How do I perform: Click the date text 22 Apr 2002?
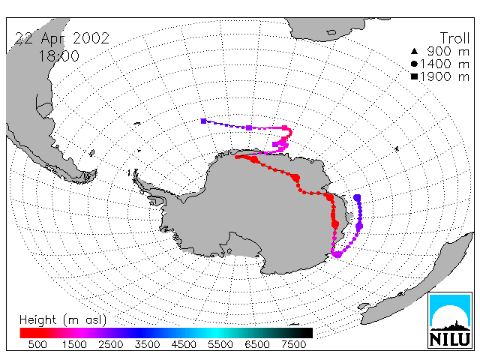tap(62, 39)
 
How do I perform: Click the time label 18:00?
tap(58, 56)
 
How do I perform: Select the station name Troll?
tap(455, 38)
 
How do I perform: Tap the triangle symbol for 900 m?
tap(414, 51)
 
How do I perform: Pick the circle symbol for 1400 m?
tap(414, 64)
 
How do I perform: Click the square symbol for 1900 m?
tap(414, 76)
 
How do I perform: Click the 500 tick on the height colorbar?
tap(37, 345)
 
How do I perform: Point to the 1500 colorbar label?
tap(74, 345)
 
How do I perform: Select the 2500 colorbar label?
tap(111, 345)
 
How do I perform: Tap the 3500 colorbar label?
tap(147, 345)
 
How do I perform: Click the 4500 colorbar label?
tap(184, 345)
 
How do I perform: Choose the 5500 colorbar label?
tap(220, 345)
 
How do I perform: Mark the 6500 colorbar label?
tap(256, 345)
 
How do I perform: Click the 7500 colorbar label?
tap(293, 345)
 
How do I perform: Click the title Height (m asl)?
tap(63, 320)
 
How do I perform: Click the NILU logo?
tap(450, 320)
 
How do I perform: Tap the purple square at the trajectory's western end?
tap(203, 121)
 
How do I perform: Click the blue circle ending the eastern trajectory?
tap(357, 197)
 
